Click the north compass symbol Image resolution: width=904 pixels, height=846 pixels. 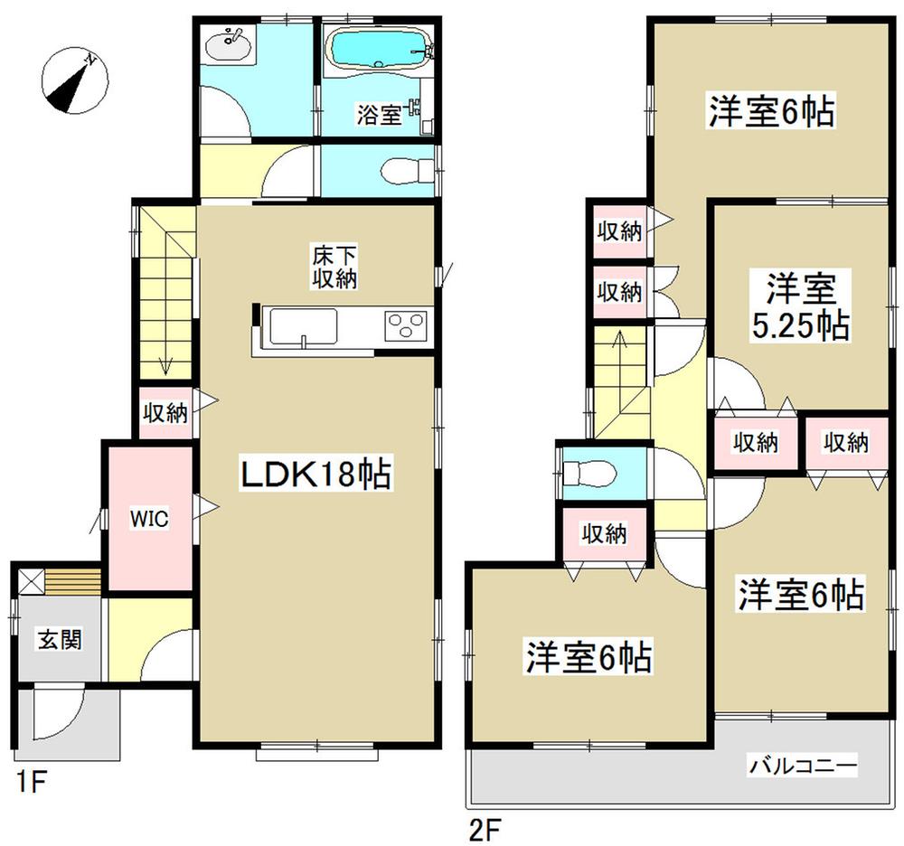(74, 81)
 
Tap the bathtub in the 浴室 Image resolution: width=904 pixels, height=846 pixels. (375, 50)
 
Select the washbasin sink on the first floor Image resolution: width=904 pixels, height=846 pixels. (227, 45)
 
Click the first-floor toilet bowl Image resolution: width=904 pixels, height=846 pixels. (399, 170)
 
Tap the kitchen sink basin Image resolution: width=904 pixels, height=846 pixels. (303, 325)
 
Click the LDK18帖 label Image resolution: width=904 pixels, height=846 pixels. (315, 474)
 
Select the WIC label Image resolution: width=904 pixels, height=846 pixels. (146, 519)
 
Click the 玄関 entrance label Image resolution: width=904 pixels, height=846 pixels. (60, 640)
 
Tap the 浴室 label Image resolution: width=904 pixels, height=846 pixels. (378, 115)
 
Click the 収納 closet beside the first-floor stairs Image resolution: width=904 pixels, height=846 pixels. (165, 413)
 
